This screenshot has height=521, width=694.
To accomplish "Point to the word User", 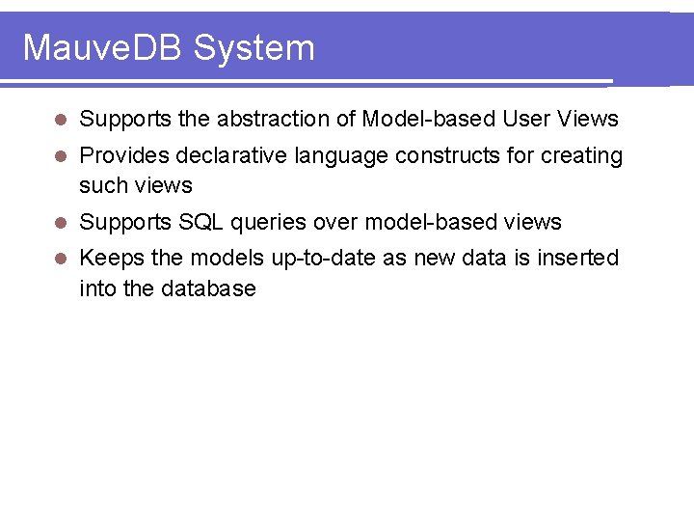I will pyautogui.click(x=526, y=119).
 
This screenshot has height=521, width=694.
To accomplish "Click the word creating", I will pyautogui.click(x=581, y=156).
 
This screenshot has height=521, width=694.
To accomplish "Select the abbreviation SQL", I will pyautogui.click(x=202, y=222).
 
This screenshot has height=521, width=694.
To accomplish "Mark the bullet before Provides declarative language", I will pyautogui.click(x=60, y=156).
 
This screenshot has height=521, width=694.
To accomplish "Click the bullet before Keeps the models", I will pyautogui.click(x=60, y=259).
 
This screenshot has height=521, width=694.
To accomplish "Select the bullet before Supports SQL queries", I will pyautogui.click(x=60, y=223).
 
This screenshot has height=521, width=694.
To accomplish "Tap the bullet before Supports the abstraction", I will pyautogui.click(x=60, y=120).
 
